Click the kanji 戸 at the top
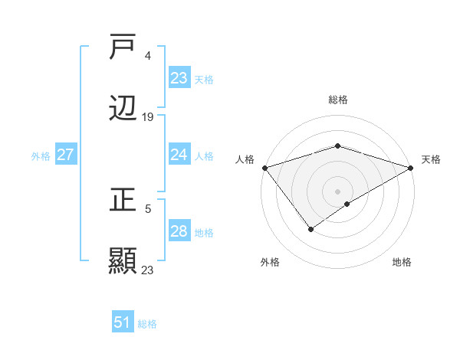tap(123, 47)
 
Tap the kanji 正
tap(123, 201)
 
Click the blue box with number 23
tap(179, 78)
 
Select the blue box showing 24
tap(179, 155)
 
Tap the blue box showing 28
tap(179, 231)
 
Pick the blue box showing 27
tap(65, 155)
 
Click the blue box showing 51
tap(122, 322)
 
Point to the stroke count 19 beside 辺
tap(148, 117)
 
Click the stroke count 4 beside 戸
tap(147, 56)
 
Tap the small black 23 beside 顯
tap(148, 270)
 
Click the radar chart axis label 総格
tap(337, 100)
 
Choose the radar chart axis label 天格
tap(431, 159)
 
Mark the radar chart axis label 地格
tap(402, 262)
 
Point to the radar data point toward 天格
tap(411, 167)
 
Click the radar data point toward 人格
tap(264, 168)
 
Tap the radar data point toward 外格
tap(310, 228)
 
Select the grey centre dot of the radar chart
tap(337, 191)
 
